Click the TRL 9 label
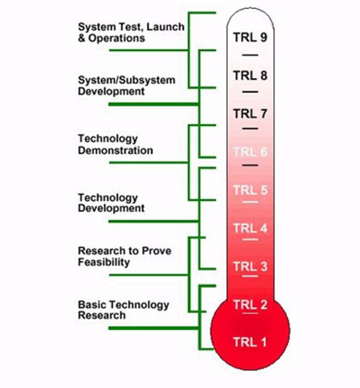[250, 37]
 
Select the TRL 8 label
[250, 76]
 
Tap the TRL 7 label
[250, 114]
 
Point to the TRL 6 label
[250, 152]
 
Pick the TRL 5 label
[250, 190]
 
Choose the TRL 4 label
[250, 228]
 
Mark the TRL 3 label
[250, 267]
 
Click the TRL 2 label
[250, 305]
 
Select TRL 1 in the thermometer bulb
[250, 342]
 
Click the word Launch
[166, 27]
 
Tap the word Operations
[117, 38]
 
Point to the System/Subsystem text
[127, 80]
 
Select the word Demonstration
[115, 150]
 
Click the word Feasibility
[104, 262]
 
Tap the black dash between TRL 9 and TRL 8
[250, 55]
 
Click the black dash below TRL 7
[250, 129]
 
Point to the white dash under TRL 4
[250, 240]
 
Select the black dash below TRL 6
[250, 165]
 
